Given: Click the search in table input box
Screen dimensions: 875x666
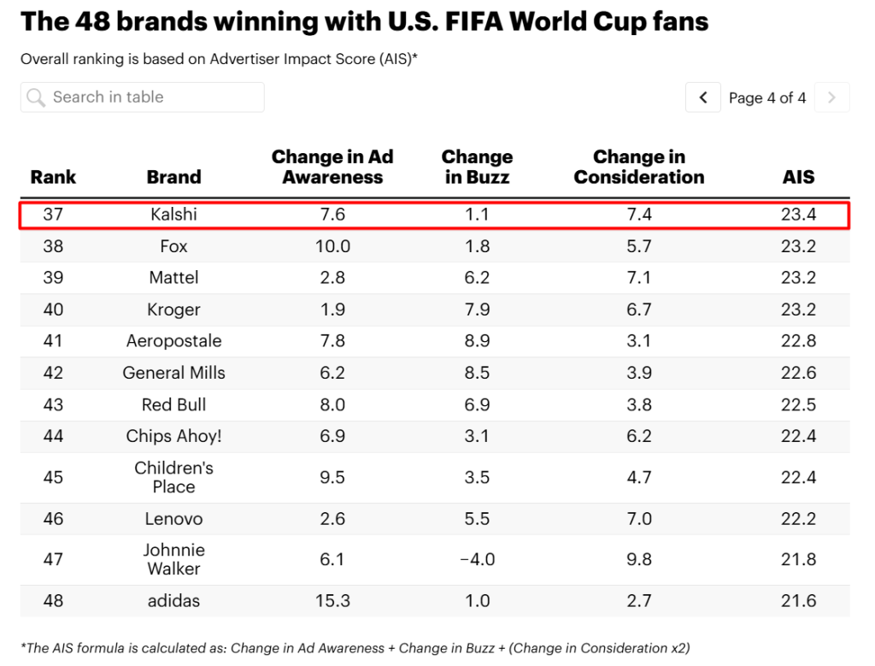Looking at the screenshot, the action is (143, 97).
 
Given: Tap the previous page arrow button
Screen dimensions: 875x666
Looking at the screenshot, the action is (703, 97).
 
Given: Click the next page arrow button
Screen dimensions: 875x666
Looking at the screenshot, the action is (832, 97).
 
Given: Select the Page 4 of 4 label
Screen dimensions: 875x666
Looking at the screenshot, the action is (767, 98).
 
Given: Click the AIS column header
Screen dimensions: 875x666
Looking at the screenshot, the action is (799, 177).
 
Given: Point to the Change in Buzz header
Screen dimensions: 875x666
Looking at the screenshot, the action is (477, 167).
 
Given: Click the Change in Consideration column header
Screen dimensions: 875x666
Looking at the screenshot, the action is (639, 167).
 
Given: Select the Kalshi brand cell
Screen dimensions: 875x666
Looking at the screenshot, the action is (173, 215).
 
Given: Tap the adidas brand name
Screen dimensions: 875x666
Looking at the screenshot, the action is (173, 601).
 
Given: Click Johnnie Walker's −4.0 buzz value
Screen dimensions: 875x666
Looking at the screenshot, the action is (477, 559).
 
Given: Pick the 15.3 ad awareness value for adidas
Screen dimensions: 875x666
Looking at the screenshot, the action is (332, 601).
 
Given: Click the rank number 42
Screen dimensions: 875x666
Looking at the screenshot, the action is (53, 373).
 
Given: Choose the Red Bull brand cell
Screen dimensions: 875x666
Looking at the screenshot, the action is (173, 404).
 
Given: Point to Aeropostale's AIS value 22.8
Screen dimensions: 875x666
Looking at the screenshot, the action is (799, 341).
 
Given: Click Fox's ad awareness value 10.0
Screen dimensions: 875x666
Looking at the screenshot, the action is (332, 246).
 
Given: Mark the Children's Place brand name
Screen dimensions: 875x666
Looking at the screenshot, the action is (173, 477).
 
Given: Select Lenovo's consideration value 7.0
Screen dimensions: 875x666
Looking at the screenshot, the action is (639, 519).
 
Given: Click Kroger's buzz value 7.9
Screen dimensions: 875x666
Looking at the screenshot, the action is (477, 309).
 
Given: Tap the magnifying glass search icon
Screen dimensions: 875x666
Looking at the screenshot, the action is (36, 97).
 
